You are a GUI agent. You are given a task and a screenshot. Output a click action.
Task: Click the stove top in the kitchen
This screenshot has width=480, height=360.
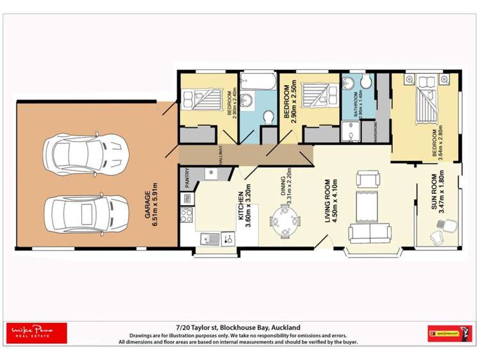(x=187, y=215)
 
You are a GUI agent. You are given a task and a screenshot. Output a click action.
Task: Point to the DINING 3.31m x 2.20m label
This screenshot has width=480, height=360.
(x=284, y=190)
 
